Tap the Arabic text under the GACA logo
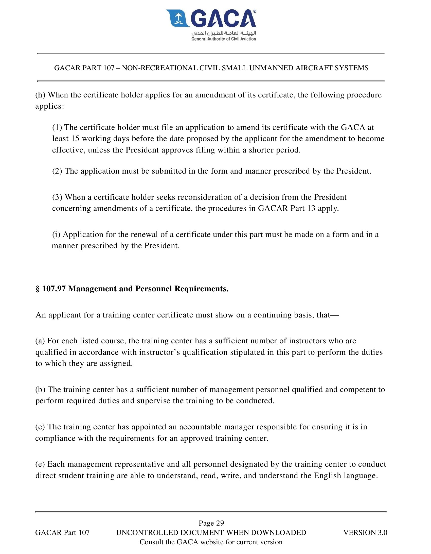tap(224, 33)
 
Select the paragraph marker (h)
tap(40, 95)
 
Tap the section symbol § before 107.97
tap(38, 289)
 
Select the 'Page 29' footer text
tap(211, 523)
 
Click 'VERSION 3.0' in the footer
tap(365, 532)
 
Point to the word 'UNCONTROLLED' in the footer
tap(147, 532)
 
